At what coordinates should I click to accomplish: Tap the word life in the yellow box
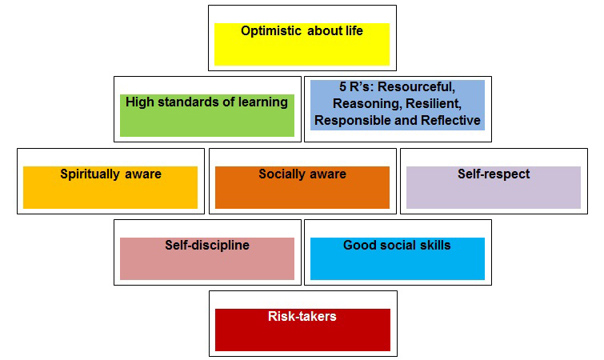pyautogui.click(x=354, y=30)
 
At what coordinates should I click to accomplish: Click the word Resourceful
pyautogui.click(x=417, y=87)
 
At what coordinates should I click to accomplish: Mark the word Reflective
pyautogui.click(x=450, y=120)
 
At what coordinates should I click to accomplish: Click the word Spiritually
pyautogui.click(x=90, y=174)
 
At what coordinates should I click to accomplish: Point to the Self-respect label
pyautogui.click(x=494, y=174)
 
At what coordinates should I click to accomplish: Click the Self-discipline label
pyautogui.click(x=207, y=246)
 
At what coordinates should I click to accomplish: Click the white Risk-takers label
pyautogui.click(x=302, y=317)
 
